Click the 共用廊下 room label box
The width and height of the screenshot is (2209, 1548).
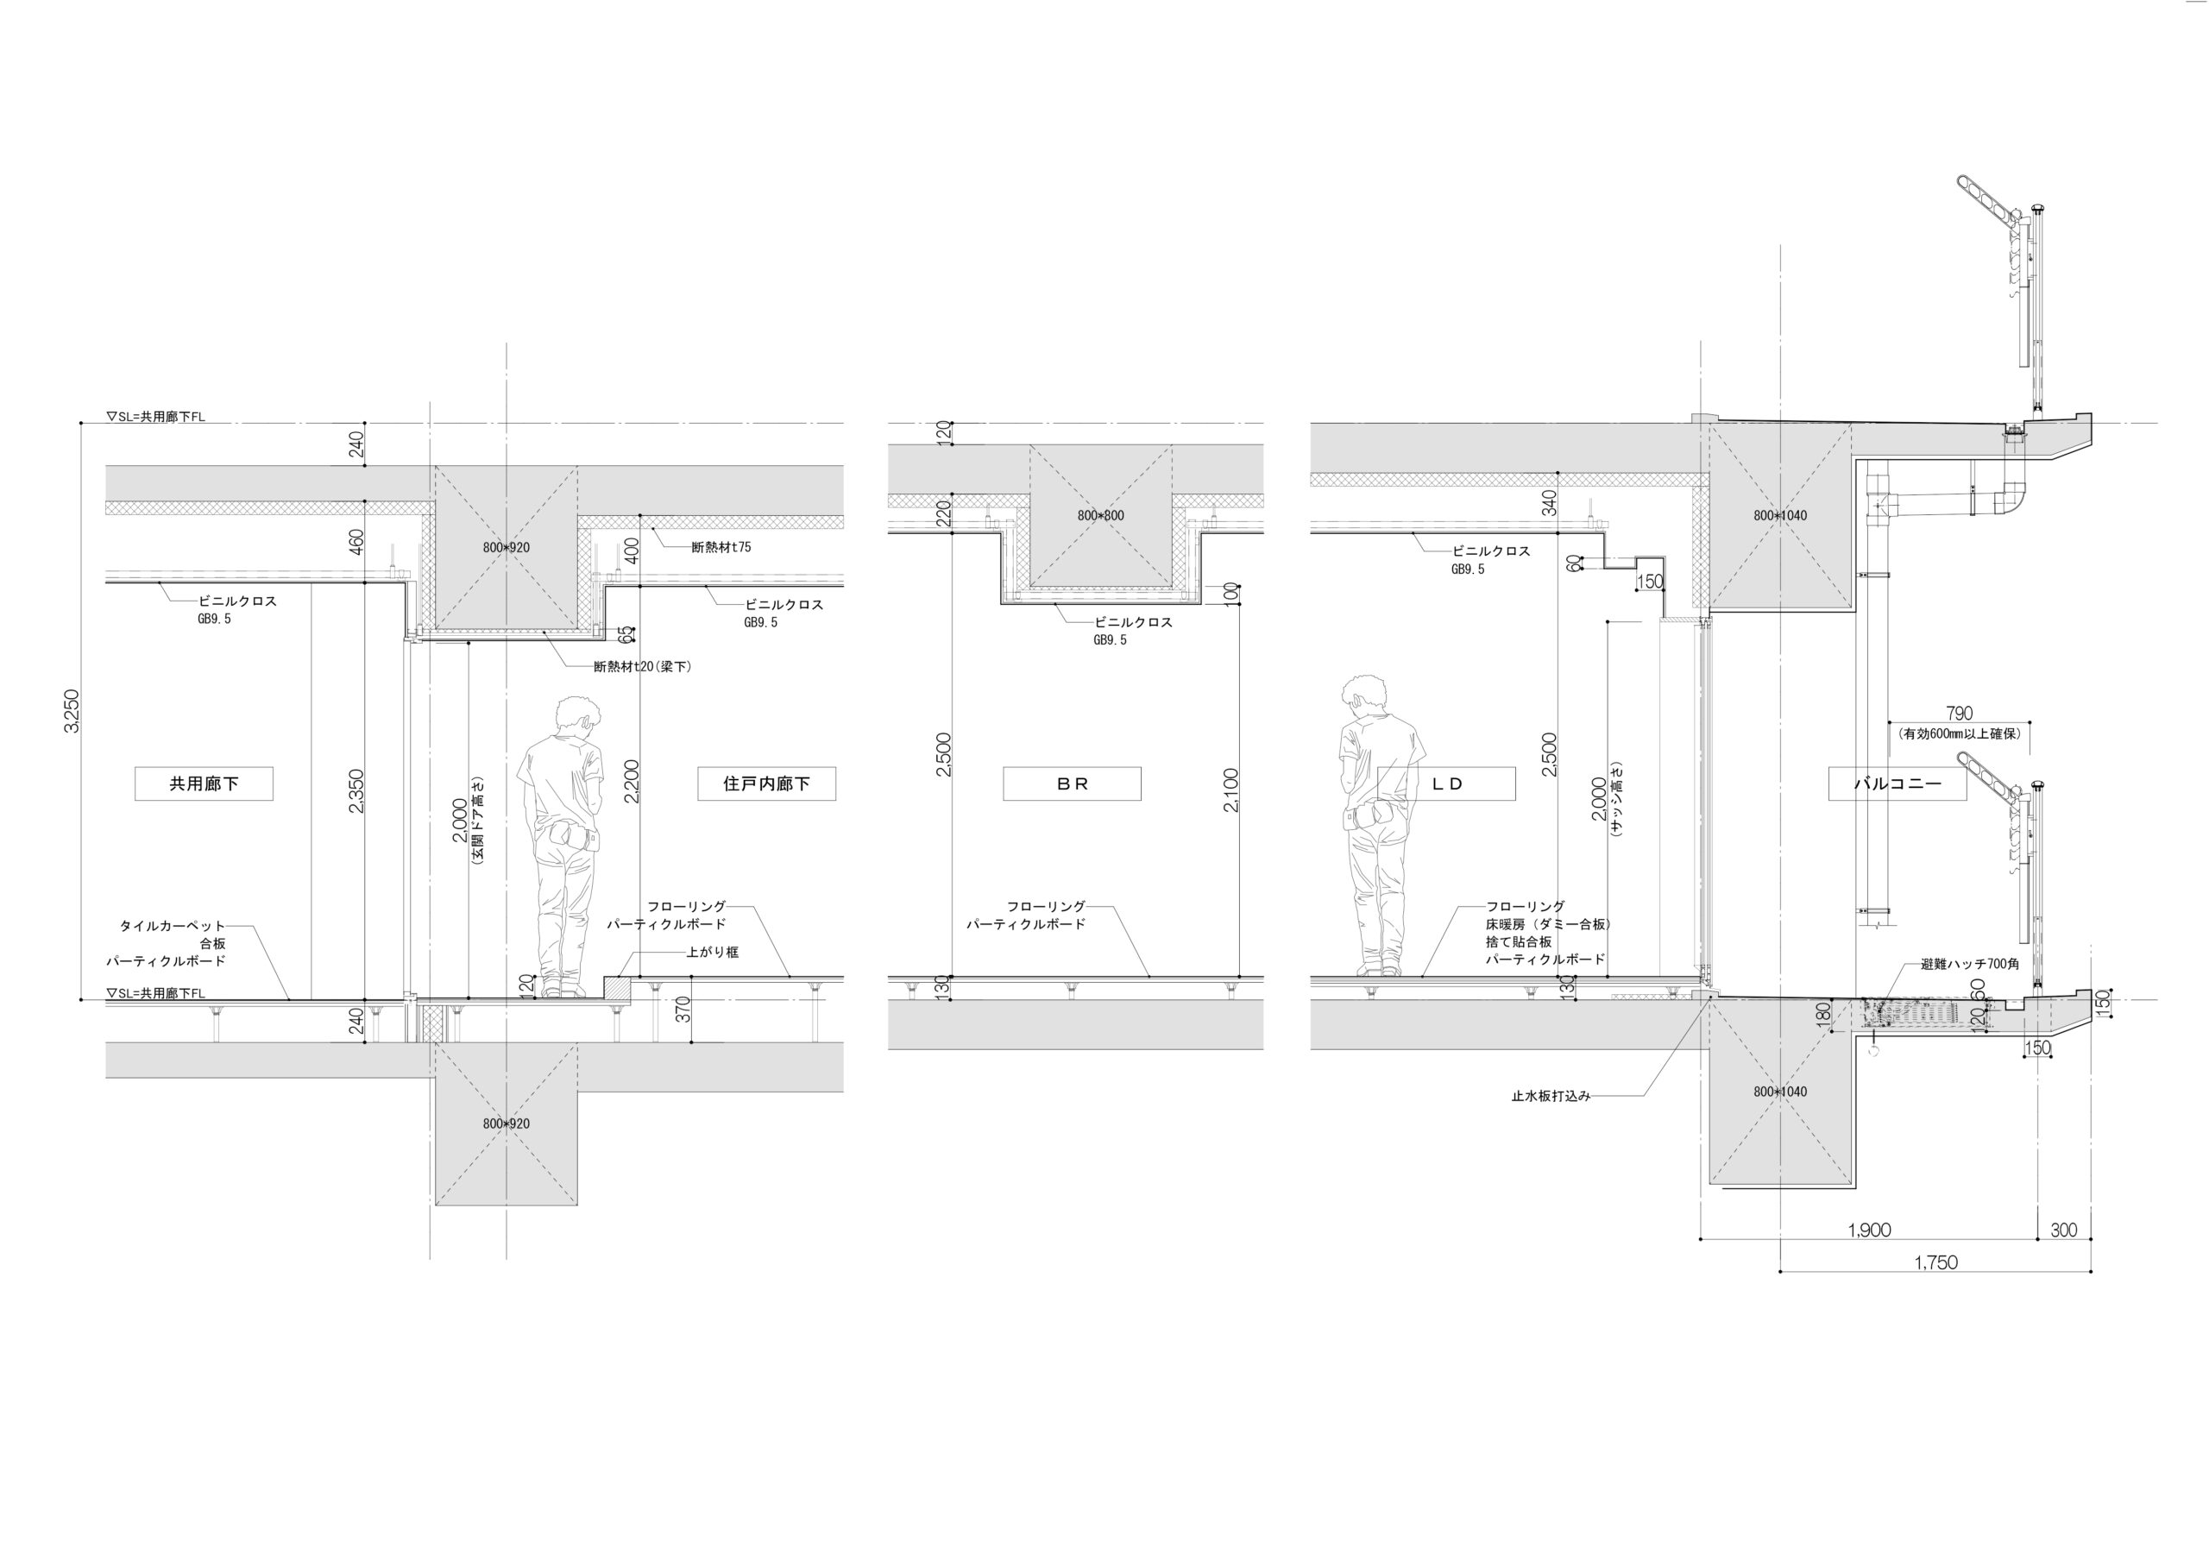[204, 784]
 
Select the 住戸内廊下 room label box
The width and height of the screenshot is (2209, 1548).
[767, 784]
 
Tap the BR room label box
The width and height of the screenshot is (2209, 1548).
[1072, 784]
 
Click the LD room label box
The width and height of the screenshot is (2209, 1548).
[1447, 784]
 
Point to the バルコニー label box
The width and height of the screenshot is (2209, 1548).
[1897, 784]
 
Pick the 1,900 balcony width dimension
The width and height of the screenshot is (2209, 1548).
[1869, 1230]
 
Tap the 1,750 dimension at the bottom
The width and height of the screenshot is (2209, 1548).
[1935, 1262]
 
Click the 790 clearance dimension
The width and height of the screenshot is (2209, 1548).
[1959, 713]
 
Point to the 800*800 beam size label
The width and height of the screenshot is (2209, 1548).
[1101, 516]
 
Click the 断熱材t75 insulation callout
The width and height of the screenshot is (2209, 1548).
[721, 547]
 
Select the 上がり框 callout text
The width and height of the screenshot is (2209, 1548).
[712, 953]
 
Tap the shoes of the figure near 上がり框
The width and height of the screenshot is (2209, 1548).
[563, 989]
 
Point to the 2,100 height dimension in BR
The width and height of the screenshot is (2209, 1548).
[1230, 790]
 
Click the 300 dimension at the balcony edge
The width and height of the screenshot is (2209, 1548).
[2064, 1230]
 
